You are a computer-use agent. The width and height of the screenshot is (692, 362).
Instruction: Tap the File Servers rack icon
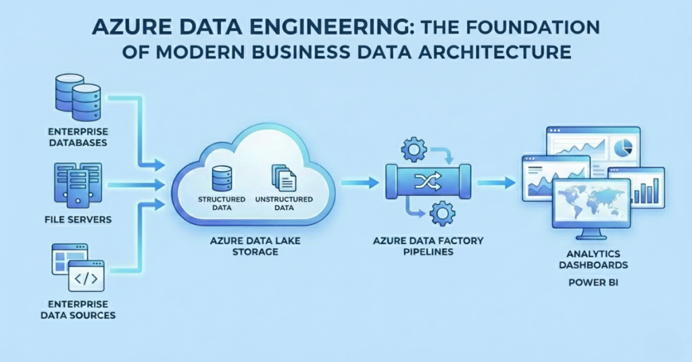[76, 183]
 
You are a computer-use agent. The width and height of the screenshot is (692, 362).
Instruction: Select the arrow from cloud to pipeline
[359, 182]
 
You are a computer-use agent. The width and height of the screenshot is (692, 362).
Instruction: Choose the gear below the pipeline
[441, 214]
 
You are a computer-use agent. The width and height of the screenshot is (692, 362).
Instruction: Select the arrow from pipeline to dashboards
[500, 182]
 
